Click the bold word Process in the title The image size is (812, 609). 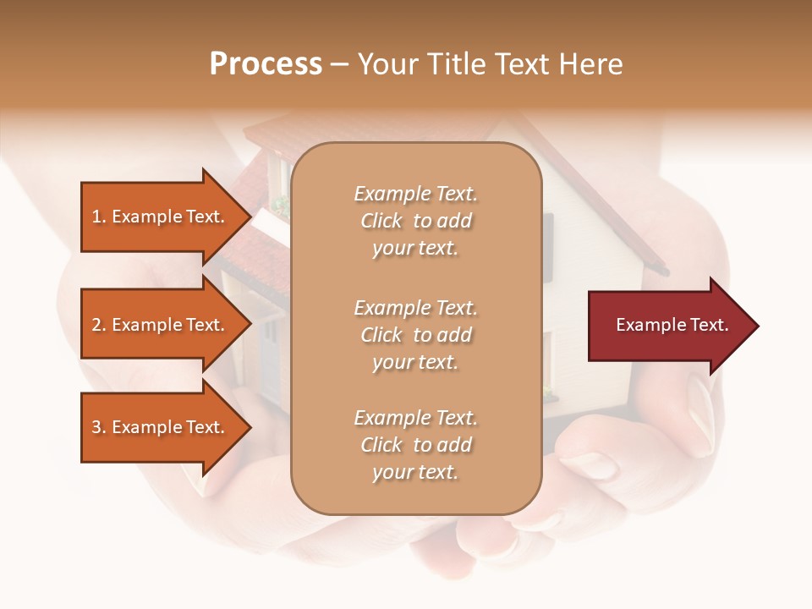(266, 64)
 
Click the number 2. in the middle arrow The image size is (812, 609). (98, 325)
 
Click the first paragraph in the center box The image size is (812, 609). (415, 221)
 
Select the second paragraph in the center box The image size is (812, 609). (415, 335)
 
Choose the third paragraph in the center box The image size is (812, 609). (415, 445)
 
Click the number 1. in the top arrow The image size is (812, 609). (98, 217)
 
